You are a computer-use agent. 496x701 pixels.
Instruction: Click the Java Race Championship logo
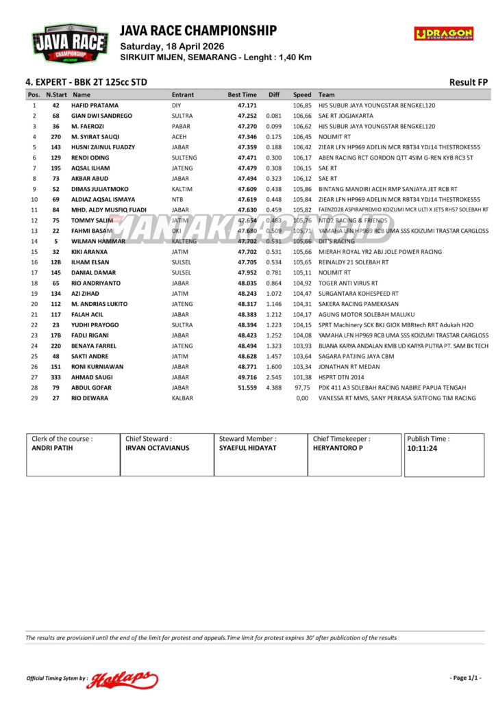[x=69, y=44]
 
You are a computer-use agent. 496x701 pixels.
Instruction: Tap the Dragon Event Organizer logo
[x=443, y=34]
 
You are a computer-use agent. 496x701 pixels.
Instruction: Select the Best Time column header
[x=243, y=95]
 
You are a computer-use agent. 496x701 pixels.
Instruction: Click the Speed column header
[x=302, y=95]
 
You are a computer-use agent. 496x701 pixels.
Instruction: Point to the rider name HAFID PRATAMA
[x=95, y=105]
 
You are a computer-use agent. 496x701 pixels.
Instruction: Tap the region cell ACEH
[x=179, y=137]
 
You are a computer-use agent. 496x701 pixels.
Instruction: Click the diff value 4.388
[x=273, y=387]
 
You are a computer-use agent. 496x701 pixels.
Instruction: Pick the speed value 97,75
[x=302, y=387]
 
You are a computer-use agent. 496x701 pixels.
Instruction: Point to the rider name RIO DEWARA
[x=90, y=398]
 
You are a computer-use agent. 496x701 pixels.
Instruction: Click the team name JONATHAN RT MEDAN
[x=349, y=366]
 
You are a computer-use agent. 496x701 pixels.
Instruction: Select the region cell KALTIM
[x=182, y=189]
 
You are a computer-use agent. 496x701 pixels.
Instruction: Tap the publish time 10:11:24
[x=423, y=449]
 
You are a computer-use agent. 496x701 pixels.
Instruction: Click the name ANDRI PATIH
[x=52, y=448]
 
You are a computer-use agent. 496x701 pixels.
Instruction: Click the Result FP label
[x=468, y=82]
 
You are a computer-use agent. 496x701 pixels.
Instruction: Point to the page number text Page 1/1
[x=465, y=678]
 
